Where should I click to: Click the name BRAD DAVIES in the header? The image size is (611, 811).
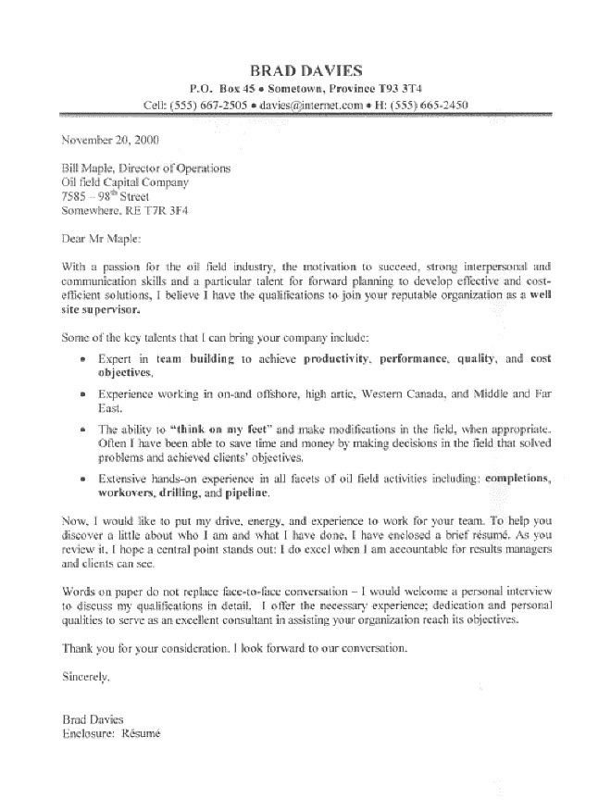(x=305, y=69)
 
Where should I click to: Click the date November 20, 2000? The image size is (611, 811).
(x=110, y=142)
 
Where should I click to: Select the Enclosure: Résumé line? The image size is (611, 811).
(x=111, y=733)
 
